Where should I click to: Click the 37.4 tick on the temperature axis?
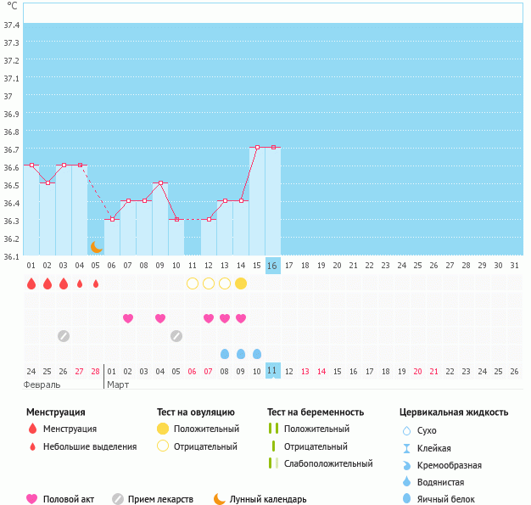(12, 25)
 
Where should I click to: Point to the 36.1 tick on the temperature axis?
(12, 256)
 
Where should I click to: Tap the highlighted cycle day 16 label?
(272, 266)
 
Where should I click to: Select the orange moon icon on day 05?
(97, 247)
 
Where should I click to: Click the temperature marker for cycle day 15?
(257, 148)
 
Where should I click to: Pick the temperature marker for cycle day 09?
(159, 183)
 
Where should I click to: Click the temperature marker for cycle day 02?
(48, 183)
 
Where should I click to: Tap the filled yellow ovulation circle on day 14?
(241, 283)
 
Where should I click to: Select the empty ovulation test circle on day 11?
(193, 283)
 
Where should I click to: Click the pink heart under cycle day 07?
(128, 318)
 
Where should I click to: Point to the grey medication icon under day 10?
(176, 336)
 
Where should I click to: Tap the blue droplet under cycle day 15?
(257, 353)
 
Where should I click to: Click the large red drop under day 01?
(31, 283)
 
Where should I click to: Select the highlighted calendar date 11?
(272, 371)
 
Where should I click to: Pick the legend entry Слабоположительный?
(328, 463)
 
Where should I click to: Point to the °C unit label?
(12, 6)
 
